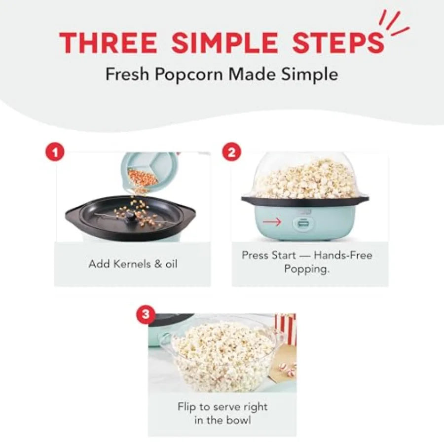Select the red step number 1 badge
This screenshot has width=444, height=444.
(x=55, y=151)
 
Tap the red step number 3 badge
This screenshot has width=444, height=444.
(x=145, y=314)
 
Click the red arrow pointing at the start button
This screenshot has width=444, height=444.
(x=272, y=222)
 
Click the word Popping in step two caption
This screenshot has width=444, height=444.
(x=307, y=269)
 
